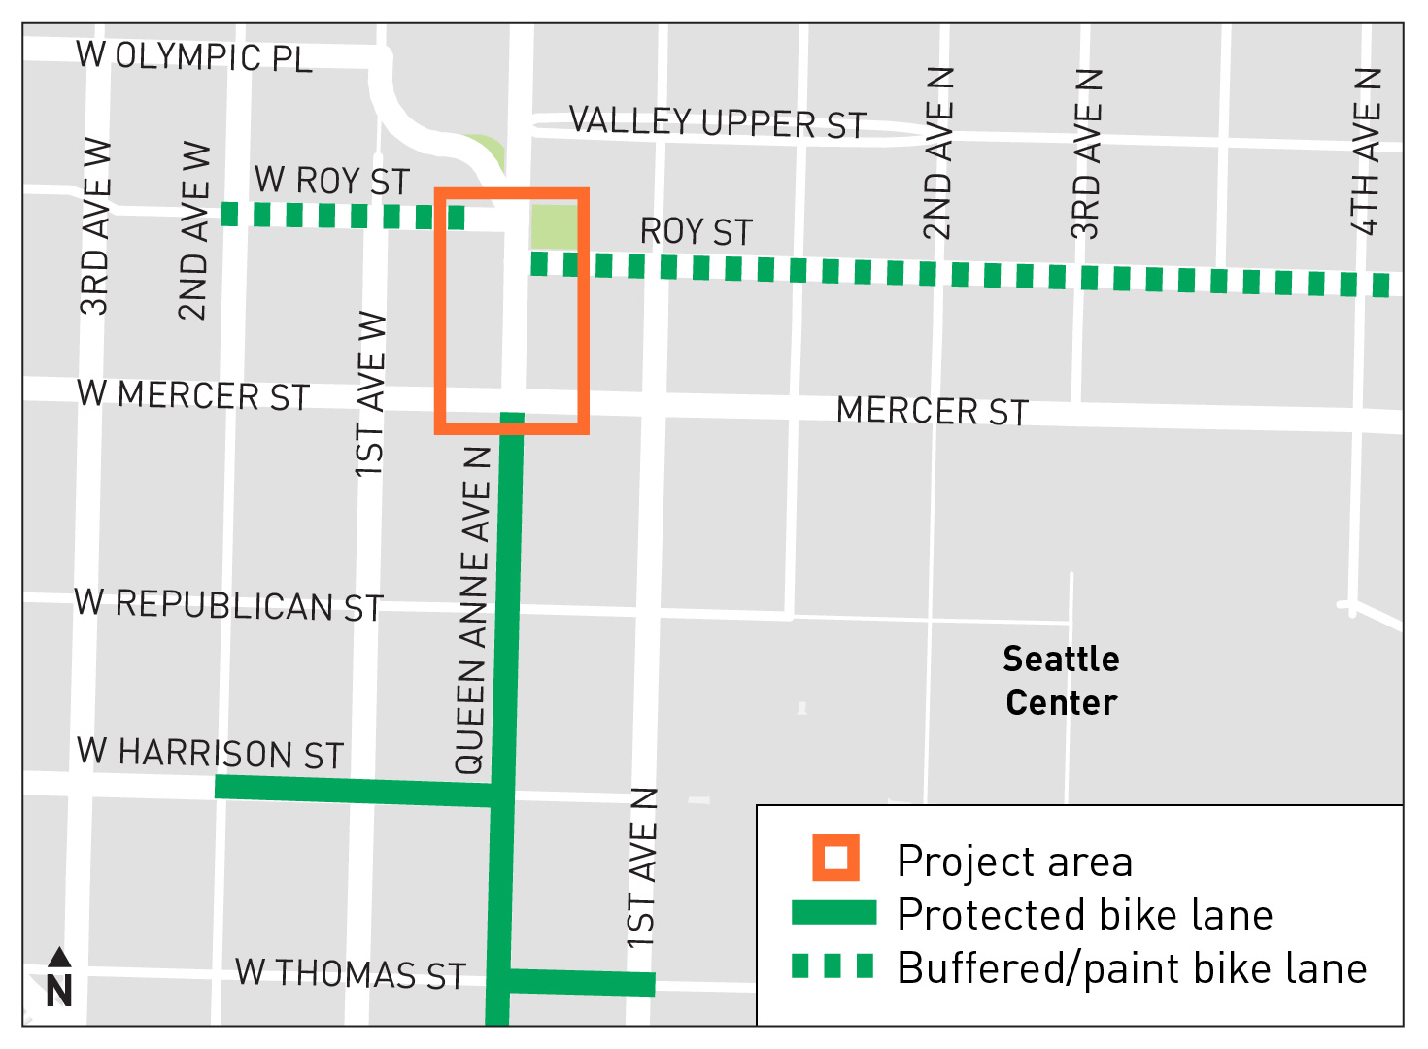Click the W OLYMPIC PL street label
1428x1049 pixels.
[194, 56]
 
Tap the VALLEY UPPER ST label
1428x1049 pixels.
[717, 122]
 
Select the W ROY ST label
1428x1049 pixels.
[332, 182]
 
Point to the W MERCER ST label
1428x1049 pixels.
[193, 395]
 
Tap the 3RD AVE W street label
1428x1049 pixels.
[95, 227]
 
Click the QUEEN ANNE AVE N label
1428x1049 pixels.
[472, 610]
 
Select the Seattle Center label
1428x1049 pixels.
[1061, 680]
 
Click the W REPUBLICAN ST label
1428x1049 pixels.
[229, 605]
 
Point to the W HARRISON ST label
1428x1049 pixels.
[211, 753]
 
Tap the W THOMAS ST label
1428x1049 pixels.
[351, 973]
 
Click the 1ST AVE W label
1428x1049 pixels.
[371, 394]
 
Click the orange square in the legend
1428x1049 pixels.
[835, 859]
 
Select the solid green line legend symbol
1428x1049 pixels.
[833, 913]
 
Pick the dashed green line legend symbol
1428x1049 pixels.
[833, 966]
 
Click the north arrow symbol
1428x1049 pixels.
[59, 978]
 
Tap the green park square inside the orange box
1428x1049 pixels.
[554, 226]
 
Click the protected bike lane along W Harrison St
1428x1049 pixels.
[350, 791]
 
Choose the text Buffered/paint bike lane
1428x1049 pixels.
[1132, 968]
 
